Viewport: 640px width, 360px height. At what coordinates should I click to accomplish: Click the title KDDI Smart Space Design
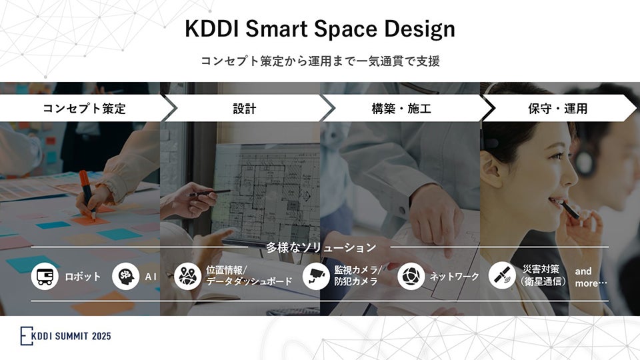click(x=320, y=30)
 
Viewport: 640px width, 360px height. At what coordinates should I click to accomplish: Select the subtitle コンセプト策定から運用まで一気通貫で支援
click(x=320, y=61)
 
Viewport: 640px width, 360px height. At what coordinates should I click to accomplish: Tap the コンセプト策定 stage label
click(x=84, y=108)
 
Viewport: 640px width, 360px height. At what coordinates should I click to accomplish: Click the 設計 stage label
click(x=245, y=108)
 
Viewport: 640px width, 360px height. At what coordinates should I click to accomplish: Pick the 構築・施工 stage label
click(x=401, y=108)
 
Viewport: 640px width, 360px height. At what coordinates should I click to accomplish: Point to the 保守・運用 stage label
click(x=557, y=108)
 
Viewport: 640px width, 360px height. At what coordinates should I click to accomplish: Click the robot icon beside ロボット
click(x=45, y=276)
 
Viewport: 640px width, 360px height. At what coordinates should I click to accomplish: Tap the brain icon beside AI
click(x=125, y=276)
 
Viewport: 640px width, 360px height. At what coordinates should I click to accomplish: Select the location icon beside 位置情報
click(x=187, y=276)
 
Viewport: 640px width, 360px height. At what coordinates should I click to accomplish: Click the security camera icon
click(x=316, y=276)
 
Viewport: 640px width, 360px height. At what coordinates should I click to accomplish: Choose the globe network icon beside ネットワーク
click(x=411, y=276)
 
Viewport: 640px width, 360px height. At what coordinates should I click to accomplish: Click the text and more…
click(x=591, y=277)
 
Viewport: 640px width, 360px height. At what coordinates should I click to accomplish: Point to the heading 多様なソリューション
click(x=321, y=247)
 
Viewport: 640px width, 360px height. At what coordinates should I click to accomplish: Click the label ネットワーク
click(x=454, y=276)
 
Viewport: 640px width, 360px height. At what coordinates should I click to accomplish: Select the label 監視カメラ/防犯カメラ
click(x=357, y=276)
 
